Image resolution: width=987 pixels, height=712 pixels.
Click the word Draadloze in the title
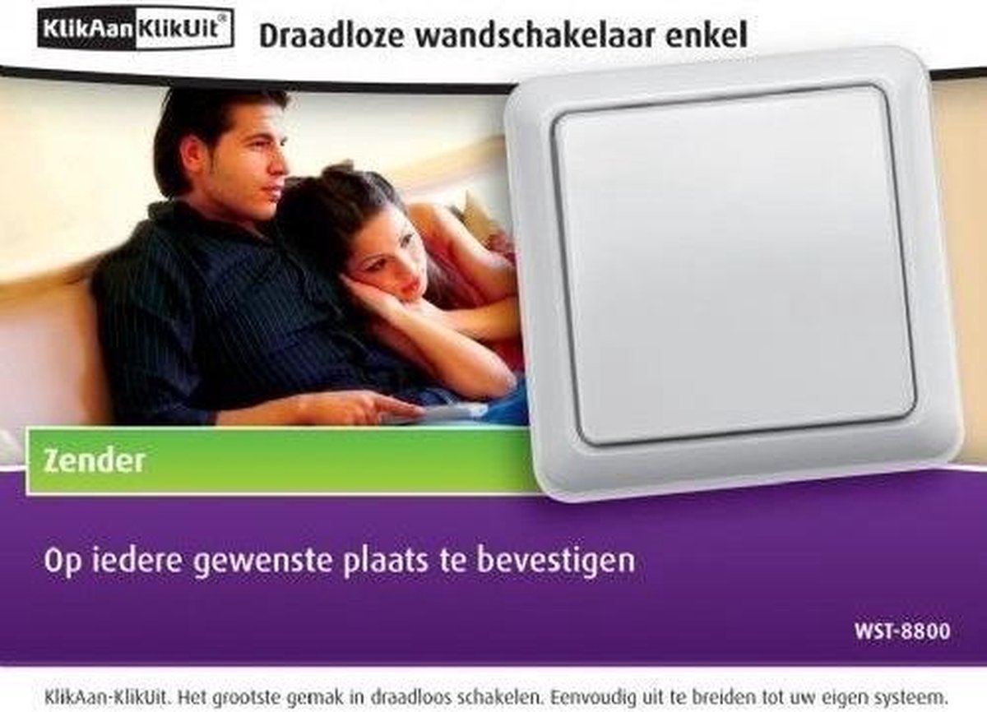click(x=331, y=35)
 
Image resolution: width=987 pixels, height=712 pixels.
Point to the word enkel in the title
click(x=707, y=35)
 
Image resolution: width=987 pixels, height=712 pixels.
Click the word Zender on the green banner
click(x=95, y=461)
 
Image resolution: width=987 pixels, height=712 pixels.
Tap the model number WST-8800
click(x=902, y=631)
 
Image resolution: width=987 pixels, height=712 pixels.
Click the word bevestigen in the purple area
click(x=556, y=562)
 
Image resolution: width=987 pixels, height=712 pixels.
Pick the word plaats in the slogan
click(x=385, y=562)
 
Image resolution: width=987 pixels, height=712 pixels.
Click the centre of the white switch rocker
click(x=734, y=263)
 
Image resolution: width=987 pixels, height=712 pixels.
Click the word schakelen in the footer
click(x=496, y=696)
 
